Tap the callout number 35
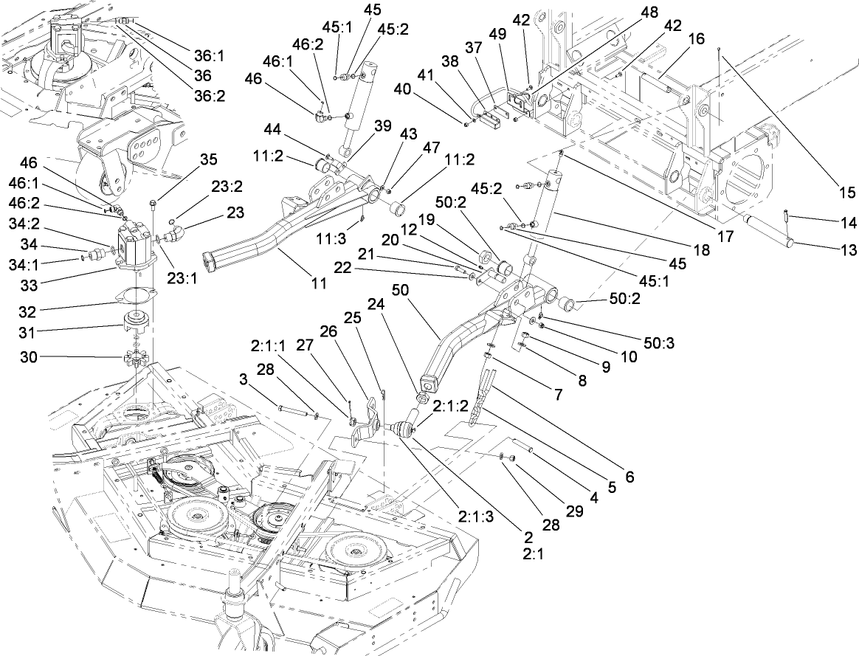tap(209, 159)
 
